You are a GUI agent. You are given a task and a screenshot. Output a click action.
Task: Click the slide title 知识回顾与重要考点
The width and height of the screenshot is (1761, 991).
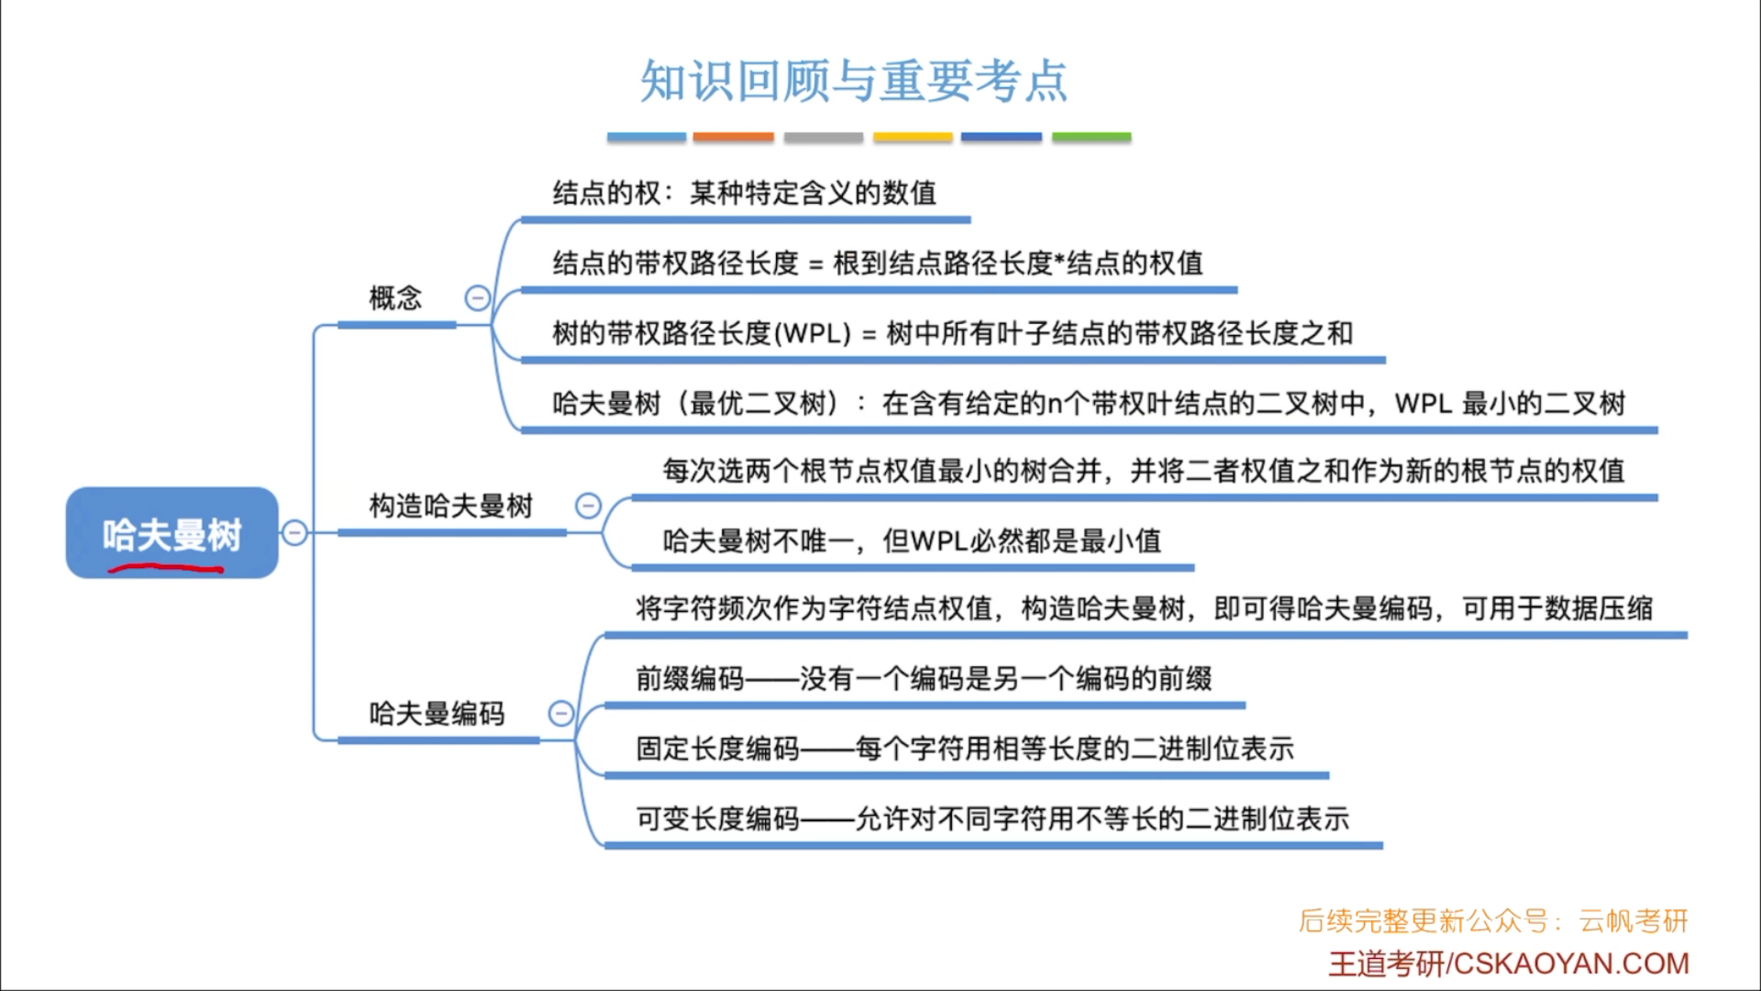pos(853,81)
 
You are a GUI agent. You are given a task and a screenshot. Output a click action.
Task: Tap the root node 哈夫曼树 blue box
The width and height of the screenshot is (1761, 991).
pos(172,532)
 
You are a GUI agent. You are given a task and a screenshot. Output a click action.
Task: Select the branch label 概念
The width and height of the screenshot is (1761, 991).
pos(395,298)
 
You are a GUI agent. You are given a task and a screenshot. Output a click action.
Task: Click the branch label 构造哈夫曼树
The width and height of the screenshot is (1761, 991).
pos(450,506)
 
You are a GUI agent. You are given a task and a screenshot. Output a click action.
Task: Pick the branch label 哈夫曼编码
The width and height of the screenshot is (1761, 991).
pos(437,714)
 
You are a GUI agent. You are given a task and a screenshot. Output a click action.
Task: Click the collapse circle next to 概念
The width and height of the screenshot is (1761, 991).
pos(478,298)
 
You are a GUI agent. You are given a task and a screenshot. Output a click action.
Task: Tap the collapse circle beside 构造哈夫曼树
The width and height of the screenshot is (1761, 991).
pos(588,506)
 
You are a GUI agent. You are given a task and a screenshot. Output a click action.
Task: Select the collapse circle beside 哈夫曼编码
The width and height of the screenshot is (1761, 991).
pos(560,714)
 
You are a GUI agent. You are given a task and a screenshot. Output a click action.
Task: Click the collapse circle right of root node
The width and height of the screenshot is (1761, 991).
pos(294,532)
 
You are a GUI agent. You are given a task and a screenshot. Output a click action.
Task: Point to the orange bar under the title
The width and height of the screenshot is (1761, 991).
pos(733,137)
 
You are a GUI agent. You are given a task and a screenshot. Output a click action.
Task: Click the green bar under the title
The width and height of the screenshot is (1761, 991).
pos(1091,137)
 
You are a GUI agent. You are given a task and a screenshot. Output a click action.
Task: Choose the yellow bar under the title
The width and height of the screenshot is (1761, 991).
pos(913,137)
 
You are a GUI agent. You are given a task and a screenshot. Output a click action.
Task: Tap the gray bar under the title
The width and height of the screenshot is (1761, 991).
pos(823,137)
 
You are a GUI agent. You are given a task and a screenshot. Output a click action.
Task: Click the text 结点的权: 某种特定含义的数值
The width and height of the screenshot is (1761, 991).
pos(744,194)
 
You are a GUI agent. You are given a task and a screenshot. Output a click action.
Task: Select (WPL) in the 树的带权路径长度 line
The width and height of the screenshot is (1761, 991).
pos(813,333)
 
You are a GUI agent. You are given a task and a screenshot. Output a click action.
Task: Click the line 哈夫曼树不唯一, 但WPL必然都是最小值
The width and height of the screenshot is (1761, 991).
pos(912,541)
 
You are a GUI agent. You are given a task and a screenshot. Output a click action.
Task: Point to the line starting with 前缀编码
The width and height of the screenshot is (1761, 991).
pos(924,679)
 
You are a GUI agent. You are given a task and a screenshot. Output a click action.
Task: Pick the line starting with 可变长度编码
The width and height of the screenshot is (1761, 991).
pos(992,818)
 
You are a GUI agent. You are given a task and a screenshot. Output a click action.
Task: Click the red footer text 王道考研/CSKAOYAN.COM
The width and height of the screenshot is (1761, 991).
pos(1509,963)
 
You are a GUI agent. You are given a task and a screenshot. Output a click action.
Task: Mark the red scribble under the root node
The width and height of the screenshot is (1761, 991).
pos(165,570)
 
